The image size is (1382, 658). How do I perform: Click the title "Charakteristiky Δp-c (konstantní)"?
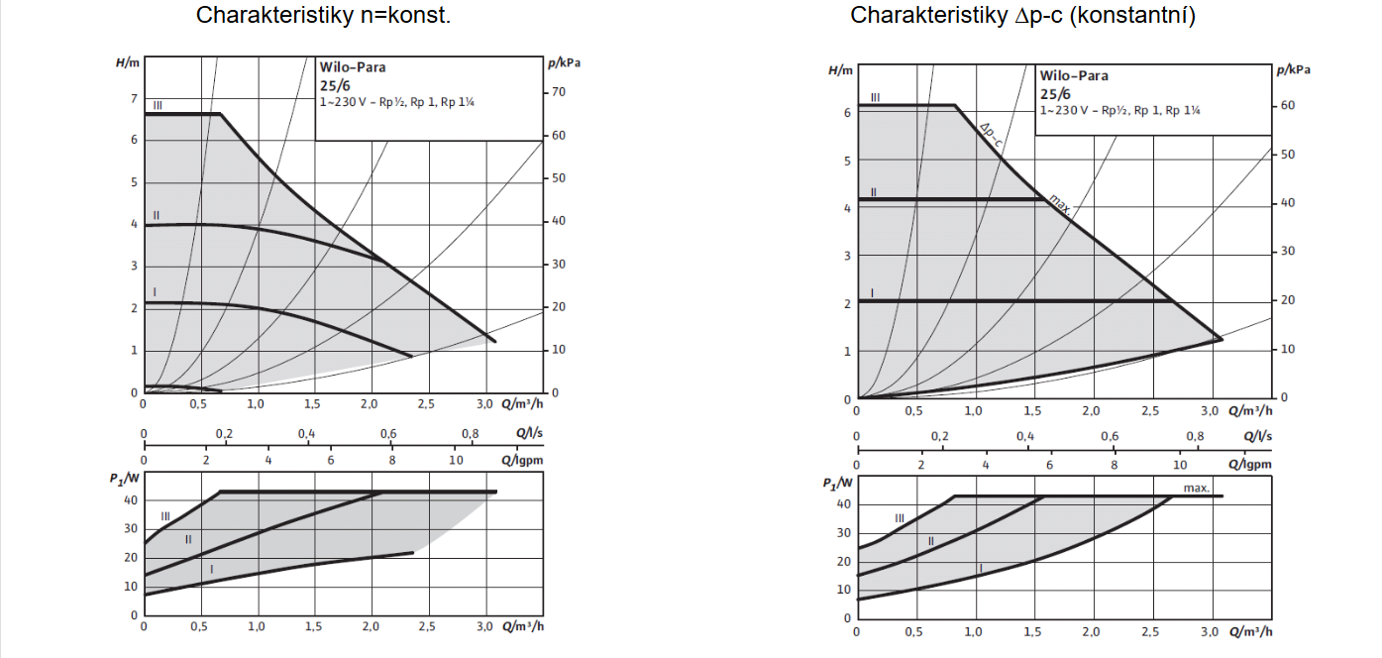click(x=1023, y=16)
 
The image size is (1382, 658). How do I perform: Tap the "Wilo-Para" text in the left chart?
click(x=353, y=68)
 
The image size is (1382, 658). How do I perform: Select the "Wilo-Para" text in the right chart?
click(x=1074, y=75)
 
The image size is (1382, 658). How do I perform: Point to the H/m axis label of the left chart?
click(x=128, y=62)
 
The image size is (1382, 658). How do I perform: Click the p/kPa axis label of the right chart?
click(x=1293, y=69)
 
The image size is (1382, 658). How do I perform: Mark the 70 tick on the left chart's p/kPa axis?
click(x=559, y=92)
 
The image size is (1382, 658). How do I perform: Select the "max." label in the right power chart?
click(x=1197, y=488)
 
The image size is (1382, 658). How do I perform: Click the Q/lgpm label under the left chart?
click(x=522, y=459)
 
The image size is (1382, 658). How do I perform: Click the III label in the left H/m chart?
click(x=158, y=104)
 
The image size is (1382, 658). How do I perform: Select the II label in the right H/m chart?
click(x=874, y=191)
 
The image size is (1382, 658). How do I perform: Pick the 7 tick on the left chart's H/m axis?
click(x=134, y=98)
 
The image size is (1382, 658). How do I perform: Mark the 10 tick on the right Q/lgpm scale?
click(x=1179, y=465)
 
